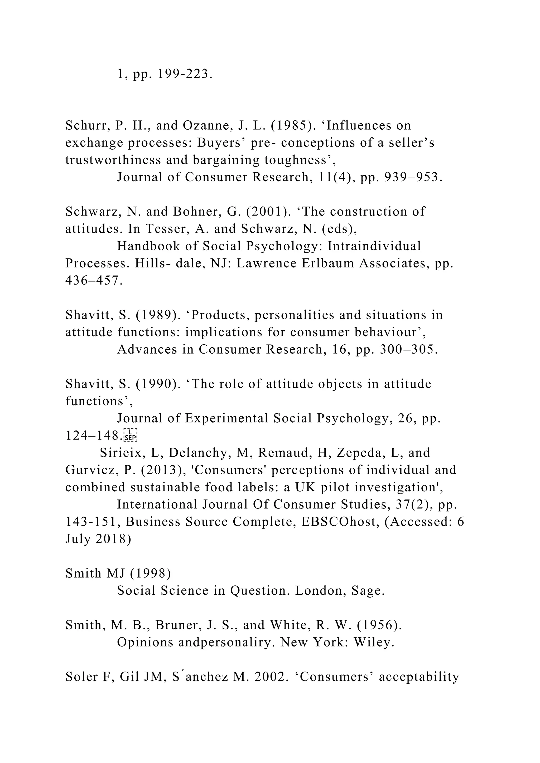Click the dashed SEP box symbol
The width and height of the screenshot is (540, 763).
coord(130,435)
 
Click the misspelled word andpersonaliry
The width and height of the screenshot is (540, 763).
coord(226,643)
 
